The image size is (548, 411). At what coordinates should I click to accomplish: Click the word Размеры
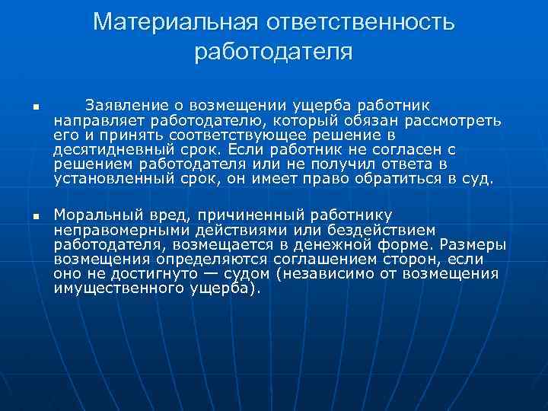click(x=470, y=244)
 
